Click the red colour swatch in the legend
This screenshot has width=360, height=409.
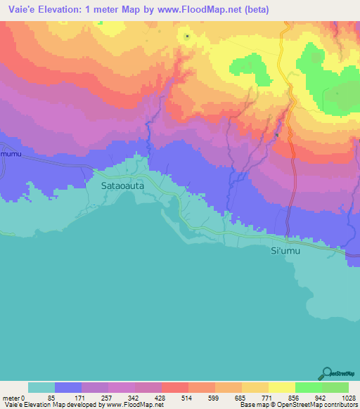pos(174,387)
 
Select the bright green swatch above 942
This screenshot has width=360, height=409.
pos(308,387)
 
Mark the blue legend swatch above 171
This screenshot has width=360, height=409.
pos(68,387)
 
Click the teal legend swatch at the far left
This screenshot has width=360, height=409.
pos(41,387)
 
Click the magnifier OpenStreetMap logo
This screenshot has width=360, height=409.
pos(326,373)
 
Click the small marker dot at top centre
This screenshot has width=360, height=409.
pos(187,36)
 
